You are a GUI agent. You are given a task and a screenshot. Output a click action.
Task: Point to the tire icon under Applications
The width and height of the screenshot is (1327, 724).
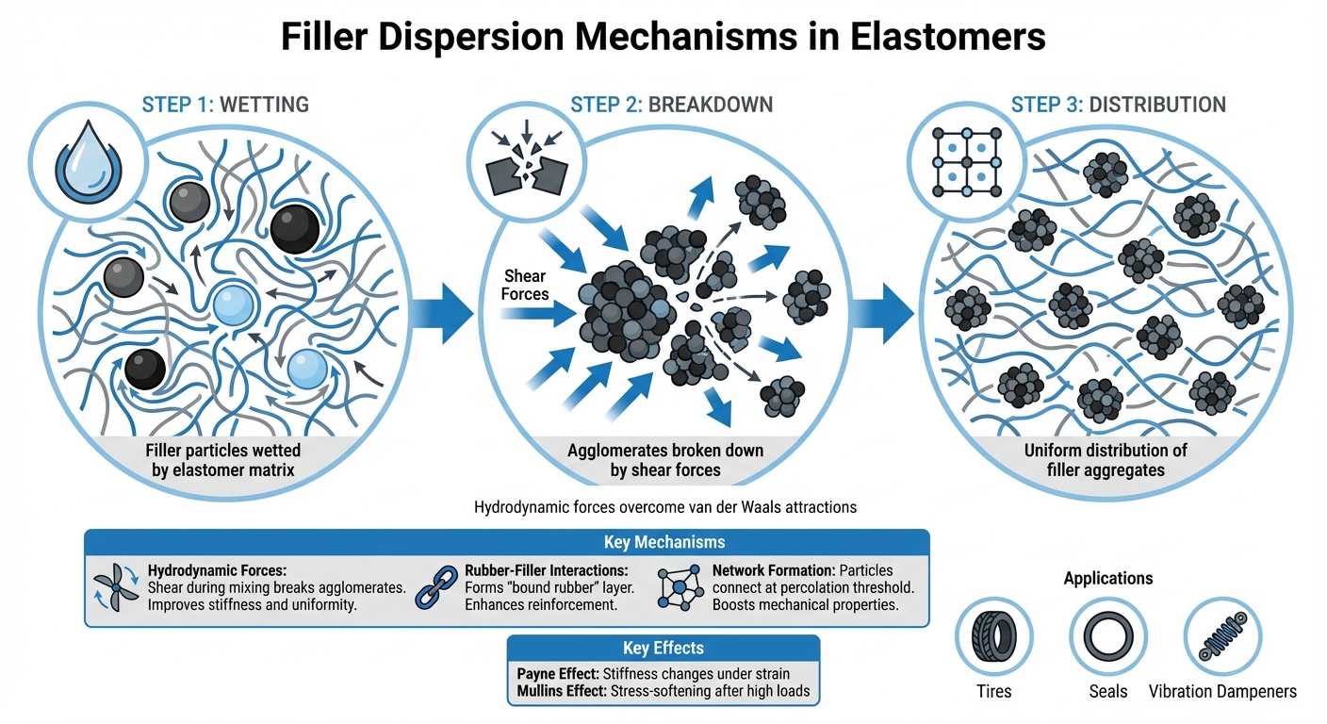coord(993,636)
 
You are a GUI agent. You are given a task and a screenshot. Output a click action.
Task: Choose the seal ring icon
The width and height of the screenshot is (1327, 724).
coord(1107,636)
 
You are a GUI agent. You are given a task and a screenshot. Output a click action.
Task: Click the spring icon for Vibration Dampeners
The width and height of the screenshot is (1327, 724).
coord(1222,636)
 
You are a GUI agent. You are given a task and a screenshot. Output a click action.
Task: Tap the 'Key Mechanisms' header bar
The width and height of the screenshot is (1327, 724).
coord(507,542)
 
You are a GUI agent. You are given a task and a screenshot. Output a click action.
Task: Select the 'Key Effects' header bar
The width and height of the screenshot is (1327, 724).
coord(663,648)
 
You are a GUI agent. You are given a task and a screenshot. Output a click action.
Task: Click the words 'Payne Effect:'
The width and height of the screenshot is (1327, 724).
coord(562,674)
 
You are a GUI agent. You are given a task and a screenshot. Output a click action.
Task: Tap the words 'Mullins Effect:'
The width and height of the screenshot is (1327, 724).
coord(563,691)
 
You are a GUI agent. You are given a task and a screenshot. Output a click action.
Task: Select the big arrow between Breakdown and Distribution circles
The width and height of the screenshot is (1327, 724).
coord(881,307)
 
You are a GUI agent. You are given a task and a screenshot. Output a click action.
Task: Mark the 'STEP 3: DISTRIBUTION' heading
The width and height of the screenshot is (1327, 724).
coord(1119,104)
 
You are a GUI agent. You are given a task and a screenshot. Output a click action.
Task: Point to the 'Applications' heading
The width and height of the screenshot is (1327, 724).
coord(1107,578)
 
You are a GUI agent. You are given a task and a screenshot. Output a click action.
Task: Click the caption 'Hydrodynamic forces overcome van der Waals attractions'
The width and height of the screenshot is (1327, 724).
coord(664,507)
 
